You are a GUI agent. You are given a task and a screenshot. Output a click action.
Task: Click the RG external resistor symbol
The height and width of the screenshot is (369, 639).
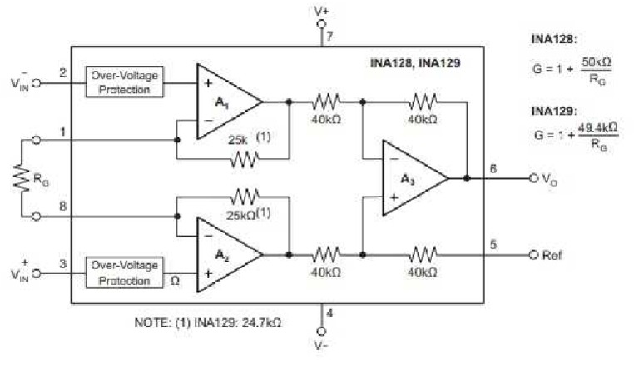[x=24, y=178]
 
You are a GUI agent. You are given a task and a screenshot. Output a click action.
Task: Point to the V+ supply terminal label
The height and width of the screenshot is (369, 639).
[x=322, y=11]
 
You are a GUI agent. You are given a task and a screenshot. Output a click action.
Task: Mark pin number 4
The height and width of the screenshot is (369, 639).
[x=330, y=314]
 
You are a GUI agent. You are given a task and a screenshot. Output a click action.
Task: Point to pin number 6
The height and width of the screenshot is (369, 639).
[x=494, y=168]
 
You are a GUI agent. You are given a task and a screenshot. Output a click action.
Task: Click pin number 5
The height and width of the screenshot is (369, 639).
[x=494, y=245]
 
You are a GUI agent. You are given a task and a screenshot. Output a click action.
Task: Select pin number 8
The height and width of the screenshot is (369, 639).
[x=63, y=207]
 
